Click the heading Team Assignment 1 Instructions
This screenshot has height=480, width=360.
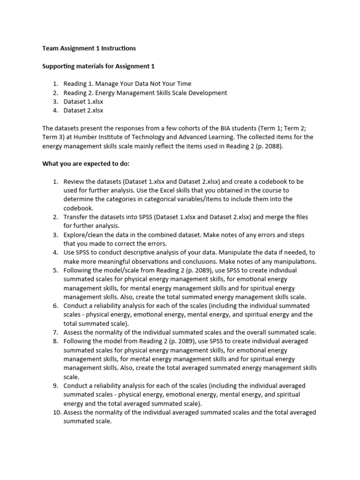pos(89,48)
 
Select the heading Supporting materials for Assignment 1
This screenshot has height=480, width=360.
pos(98,66)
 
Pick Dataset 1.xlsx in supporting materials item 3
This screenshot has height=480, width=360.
pos(83,102)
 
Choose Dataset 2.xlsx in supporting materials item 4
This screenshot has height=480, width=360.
pos(83,111)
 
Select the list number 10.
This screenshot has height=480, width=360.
pos(56,412)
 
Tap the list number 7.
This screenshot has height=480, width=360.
pos(55,332)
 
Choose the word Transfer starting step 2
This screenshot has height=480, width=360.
pos(76,217)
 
